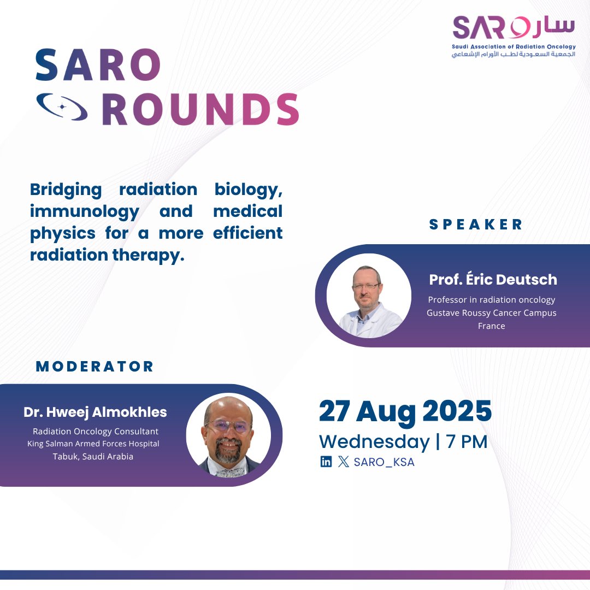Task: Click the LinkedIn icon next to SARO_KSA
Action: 326,462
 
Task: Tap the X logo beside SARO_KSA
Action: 343,462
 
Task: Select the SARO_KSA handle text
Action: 384,462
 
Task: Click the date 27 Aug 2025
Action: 405,411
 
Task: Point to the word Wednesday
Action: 374,441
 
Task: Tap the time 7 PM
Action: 467,441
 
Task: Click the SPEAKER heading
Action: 476,224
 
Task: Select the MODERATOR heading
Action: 95,366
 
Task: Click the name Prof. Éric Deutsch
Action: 493,279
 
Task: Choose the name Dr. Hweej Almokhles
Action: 95,412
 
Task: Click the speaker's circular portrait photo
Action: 369,296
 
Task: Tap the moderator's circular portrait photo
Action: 228,435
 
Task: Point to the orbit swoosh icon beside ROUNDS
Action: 61,107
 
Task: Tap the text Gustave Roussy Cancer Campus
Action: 491,312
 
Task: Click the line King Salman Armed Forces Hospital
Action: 93,444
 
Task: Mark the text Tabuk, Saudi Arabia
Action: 93,456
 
